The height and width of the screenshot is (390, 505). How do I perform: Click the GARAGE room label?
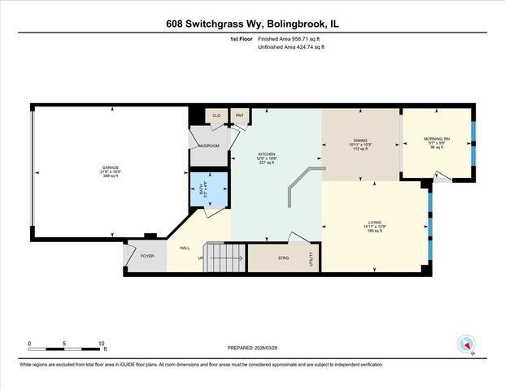click(110, 167)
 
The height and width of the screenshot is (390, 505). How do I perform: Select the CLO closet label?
click(216, 116)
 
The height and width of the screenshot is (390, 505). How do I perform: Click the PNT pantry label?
click(239, 116)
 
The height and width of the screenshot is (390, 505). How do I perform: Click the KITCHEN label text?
click(267, 154)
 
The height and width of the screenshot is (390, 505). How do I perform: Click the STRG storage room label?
click(283, 258)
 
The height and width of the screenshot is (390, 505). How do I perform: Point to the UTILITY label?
click(311, 259)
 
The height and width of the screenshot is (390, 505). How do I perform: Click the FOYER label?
click(147, 256)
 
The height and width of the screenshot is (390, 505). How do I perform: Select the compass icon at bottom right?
click(467, 343)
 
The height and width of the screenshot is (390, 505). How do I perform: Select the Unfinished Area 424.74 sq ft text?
click(290, 48)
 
